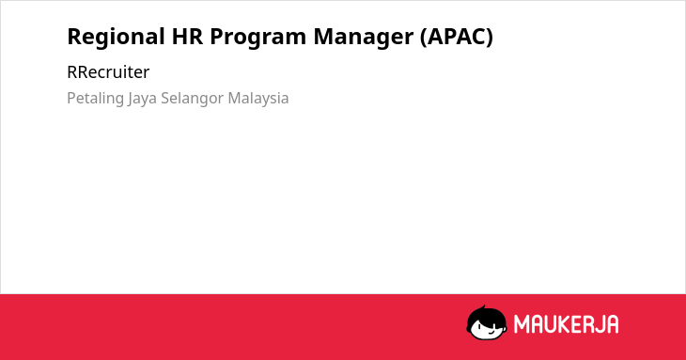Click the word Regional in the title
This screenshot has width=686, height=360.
pos(116,38)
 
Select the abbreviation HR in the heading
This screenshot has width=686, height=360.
pos(187,37)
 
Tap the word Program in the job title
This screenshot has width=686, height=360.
pos(258,38)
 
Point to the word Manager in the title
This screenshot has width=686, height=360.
pos(363,38)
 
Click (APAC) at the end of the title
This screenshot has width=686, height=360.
pos(457,38)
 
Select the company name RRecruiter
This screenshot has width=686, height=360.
pos(108,72)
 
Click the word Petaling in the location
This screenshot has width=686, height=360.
pos(95,99)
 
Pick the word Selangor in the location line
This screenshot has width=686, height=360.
pos(192,99)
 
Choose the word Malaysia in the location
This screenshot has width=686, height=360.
pos(258,99)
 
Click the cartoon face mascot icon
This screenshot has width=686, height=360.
pos(487,322)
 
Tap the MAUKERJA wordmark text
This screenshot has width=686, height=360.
pos(566,324)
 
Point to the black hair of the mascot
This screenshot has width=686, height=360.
pos(486,314)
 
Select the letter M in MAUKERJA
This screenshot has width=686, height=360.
pos(521,324)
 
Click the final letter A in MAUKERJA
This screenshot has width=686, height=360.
pos(613,324)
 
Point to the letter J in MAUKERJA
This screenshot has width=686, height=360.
pos(599,324)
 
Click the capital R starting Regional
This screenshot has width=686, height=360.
pos(74,37)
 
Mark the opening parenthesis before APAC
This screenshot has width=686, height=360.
pos(423,38)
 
